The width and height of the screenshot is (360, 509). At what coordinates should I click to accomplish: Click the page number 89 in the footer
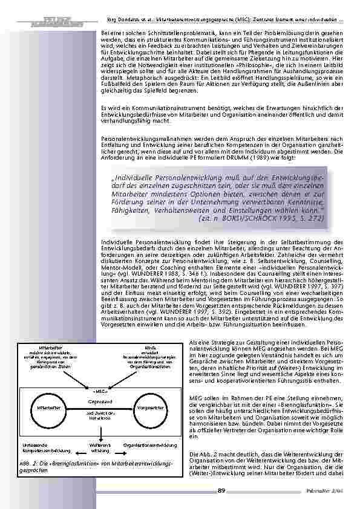221,490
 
